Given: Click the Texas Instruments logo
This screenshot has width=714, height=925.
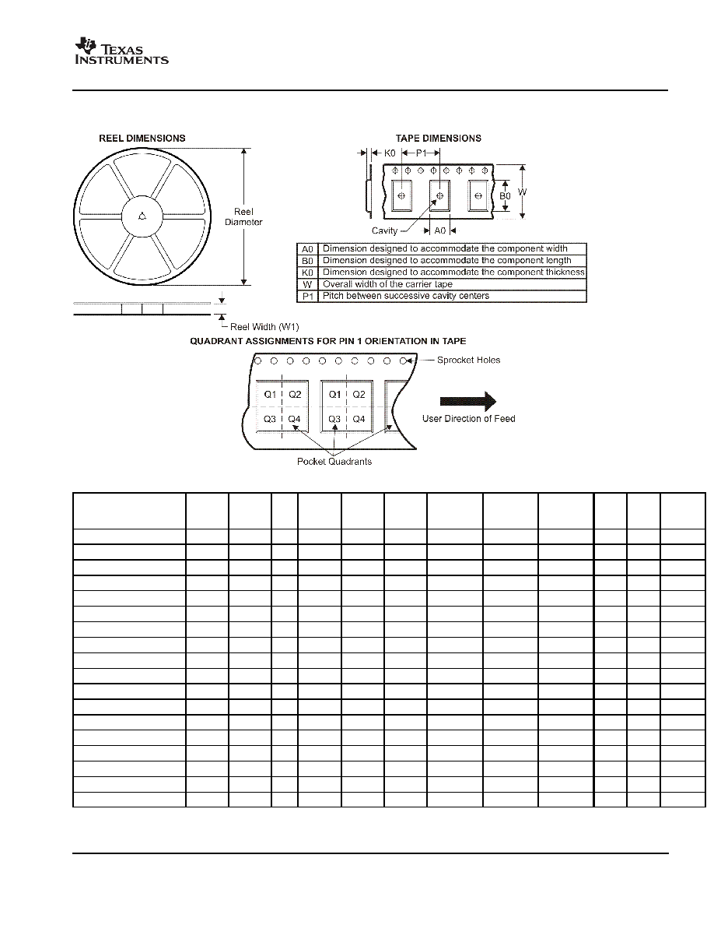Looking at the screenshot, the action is (x=121, y=51).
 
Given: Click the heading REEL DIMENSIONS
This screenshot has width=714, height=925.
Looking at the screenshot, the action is (x=142, y=138).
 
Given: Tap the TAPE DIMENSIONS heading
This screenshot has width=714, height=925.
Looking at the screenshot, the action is (x=439, y=138).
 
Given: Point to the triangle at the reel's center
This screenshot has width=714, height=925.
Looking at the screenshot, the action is (x=142, y=216).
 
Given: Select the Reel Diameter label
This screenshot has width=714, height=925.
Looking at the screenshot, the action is (x=243, y=216).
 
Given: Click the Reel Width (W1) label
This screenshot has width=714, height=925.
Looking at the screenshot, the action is (x=264, y=327).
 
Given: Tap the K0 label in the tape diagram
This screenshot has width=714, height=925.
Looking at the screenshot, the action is (x=390, y=153).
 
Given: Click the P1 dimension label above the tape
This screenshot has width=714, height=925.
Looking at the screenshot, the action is (x=422, y=153).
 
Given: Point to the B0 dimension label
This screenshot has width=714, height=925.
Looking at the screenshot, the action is (x=505, y=196).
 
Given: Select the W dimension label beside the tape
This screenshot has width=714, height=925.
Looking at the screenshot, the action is (x=522, y=192).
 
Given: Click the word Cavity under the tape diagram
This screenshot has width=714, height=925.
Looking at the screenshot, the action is (x=384, y=230).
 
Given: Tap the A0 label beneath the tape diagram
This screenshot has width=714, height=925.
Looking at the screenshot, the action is (x=440, y=230).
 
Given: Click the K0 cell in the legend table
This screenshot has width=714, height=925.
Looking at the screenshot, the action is (x=307, y=273).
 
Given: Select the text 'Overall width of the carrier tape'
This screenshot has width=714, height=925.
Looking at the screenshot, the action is (x=387, y=284).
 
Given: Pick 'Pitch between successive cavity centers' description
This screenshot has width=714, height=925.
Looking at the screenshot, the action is (x=406, y=296).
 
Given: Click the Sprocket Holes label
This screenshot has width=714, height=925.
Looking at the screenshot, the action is (x=468, y=360).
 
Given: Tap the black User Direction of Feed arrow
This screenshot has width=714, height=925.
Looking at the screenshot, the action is (x=468, y=401).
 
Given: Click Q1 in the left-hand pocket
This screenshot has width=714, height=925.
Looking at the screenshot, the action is (x=270, y=395).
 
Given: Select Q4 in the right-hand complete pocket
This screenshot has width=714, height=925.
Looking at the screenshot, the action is (x=359, y=420).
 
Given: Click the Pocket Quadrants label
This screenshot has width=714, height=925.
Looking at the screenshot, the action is (x=334, y=461).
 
